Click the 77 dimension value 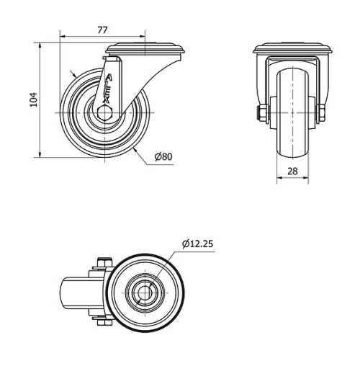coord(102,30)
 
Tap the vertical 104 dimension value coord(31,99)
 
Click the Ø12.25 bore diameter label coord(197,244)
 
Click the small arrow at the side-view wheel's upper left coord(74,75)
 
